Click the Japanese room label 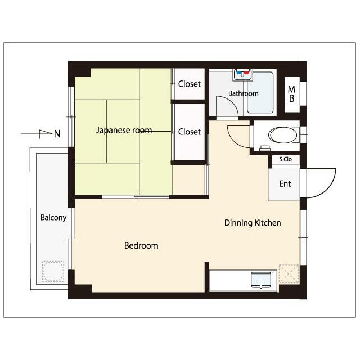124,130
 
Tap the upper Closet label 190,84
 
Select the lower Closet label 190,132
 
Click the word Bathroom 244,93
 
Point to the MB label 291,94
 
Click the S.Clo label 286,159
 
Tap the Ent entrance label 285,184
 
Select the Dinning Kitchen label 253,223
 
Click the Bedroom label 141,246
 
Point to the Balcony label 53,218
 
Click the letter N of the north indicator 57,134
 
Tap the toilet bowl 282,135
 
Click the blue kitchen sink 261,280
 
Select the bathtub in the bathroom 260,92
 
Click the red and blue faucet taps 242,74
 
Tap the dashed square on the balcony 53,271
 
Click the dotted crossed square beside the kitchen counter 289,274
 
